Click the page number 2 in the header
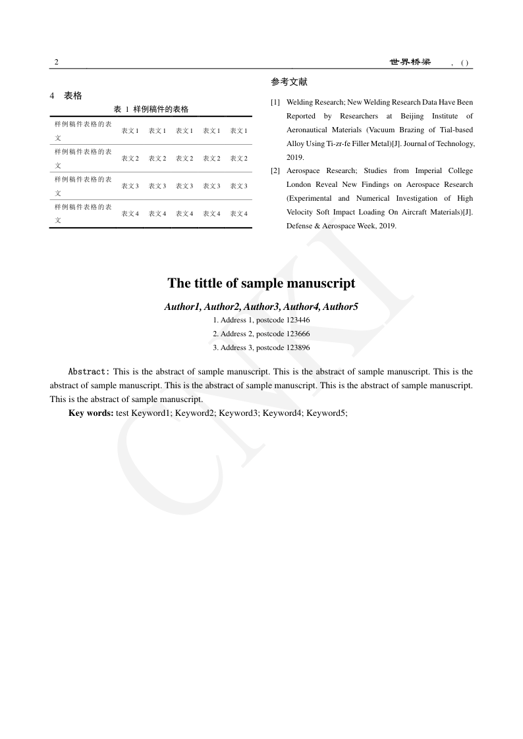coord(56,63)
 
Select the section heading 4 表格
coord(66,96)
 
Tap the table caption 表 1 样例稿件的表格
coord(151,109)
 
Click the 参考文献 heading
coord(289,82)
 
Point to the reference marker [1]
coord(275,103)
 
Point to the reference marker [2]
coord(275,171)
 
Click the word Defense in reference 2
coord(299,226)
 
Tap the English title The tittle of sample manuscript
coord(261,284)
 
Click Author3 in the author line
coord(261,307)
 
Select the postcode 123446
coord(298,320)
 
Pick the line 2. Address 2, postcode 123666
coord(261,334)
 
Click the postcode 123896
coord(298,348)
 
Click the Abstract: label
coord(89,372)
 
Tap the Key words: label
coord(91,413)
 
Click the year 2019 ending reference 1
coord(294,158)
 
